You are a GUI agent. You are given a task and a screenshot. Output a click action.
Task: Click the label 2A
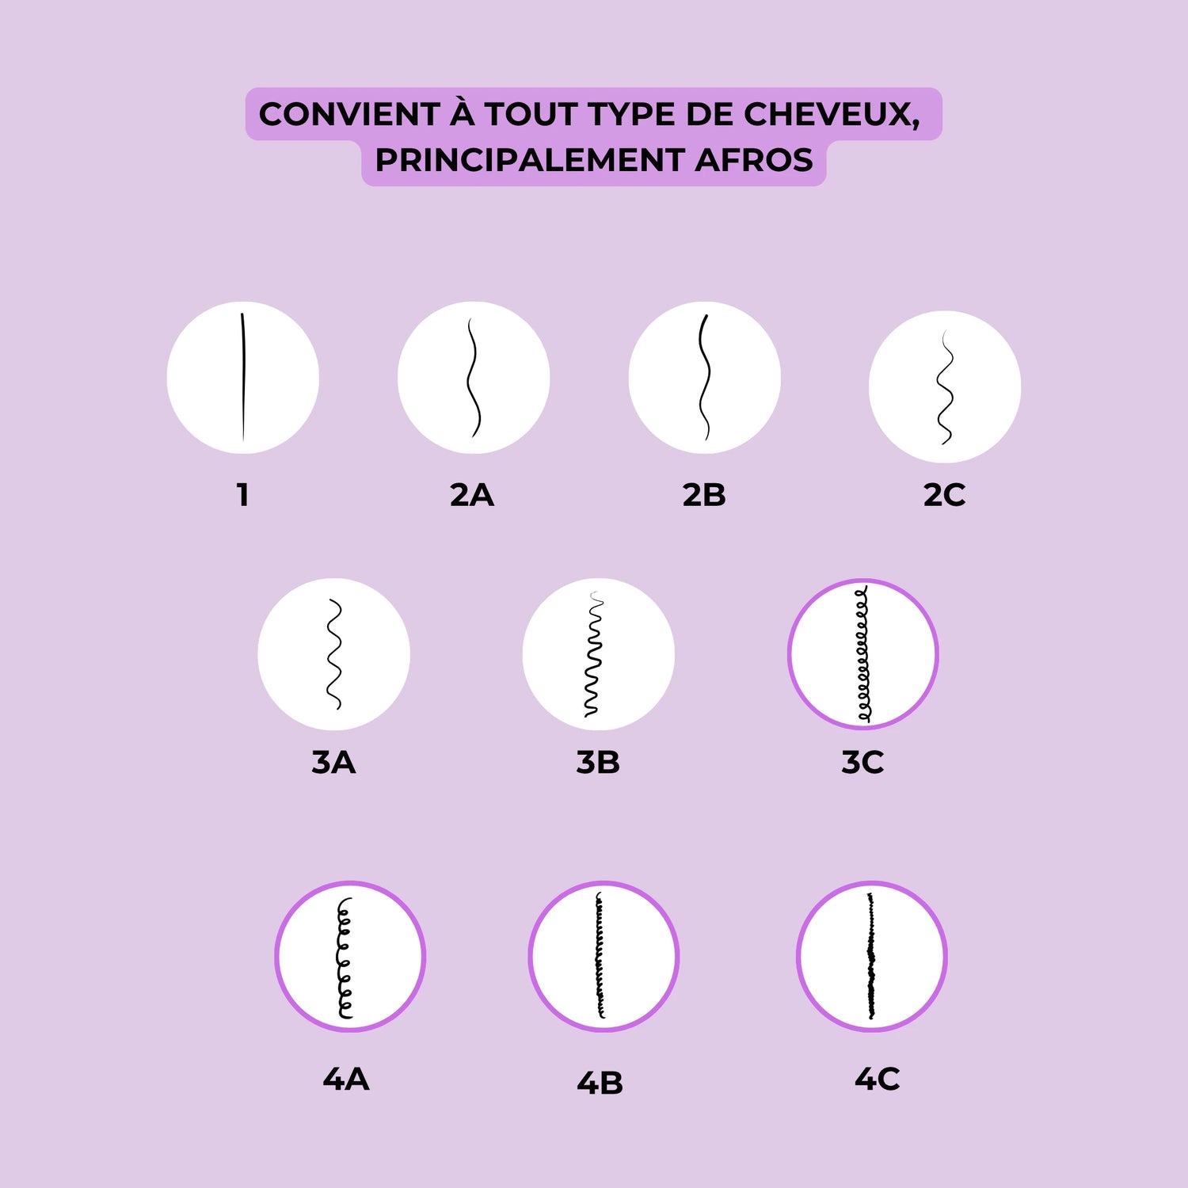pos(472,495)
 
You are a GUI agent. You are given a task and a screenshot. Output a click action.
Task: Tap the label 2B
pos(704,495)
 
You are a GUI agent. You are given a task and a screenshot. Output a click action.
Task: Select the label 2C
pos(944,495)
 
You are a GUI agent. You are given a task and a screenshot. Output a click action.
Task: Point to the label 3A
pos(333,763)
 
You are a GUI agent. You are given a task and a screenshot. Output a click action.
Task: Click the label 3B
pos(598,763)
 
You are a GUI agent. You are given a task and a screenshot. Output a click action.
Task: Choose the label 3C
pos(862,763)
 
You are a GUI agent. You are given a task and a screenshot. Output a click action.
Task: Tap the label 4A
pos(346,1079)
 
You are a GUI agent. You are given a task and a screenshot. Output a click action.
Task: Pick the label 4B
pos(600,1083)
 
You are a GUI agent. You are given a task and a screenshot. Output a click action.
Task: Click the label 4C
pos(878,1079)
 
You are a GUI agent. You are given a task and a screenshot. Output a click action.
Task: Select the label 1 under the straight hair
pos(243,495)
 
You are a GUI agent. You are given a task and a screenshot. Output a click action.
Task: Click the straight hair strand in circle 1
pos(243,377)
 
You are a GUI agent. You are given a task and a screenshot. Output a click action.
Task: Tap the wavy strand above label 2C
pos(945,387)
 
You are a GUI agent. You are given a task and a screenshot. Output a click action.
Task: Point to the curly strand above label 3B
pos(593,654)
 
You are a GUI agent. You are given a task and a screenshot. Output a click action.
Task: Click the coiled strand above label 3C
pos(862,654)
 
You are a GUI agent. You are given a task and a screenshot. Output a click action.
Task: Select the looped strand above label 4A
pos(345,958)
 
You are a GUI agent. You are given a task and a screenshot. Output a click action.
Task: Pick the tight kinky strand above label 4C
pos(871,956)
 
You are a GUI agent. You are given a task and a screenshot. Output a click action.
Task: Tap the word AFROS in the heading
pos(754,161)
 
